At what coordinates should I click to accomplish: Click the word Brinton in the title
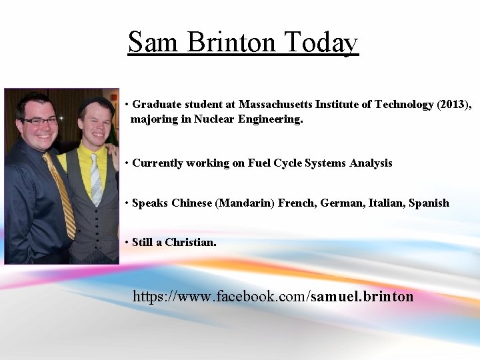tap(232, 42)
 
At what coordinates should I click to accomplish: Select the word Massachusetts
tap(278, 105)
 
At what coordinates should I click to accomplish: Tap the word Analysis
tap(371, 163)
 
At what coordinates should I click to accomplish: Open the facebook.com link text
tap(220, 296)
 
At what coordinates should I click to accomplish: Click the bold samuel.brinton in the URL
tap(362, 296)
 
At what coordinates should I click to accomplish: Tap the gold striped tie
tap(60, 193)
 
